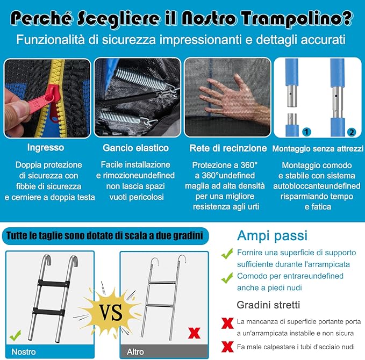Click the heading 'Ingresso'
click(46, 148)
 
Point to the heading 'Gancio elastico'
click(135, 148)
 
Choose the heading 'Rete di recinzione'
click(228, 148)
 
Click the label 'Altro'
click(135, 352)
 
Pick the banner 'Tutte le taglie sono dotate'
click(105, 235)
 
